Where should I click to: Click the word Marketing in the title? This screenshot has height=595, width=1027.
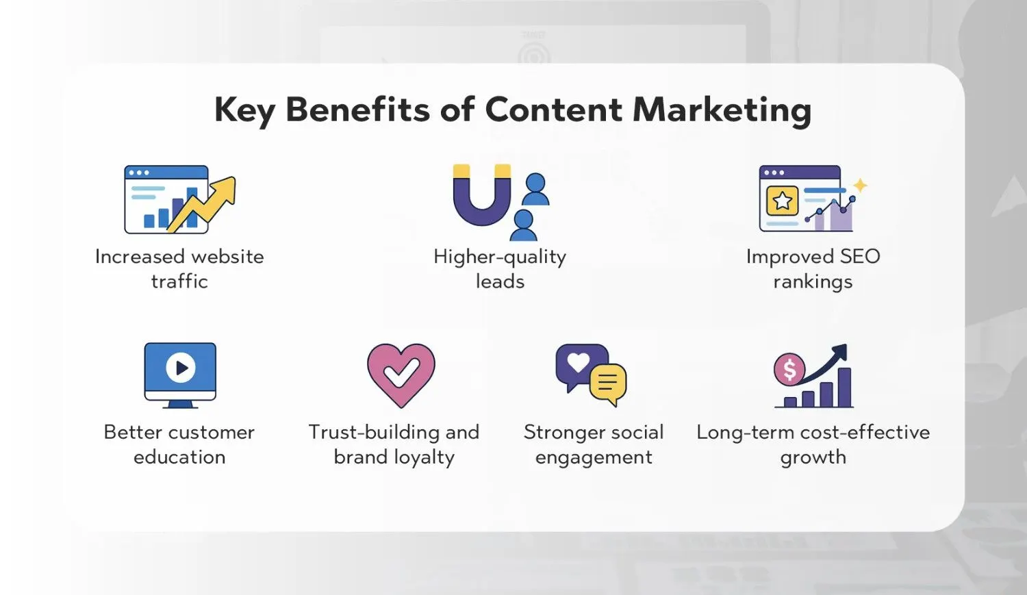tap(722, 111)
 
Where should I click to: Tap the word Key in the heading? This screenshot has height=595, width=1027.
tap(244, 111)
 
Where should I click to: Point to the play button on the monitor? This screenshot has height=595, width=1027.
tap(180, 367)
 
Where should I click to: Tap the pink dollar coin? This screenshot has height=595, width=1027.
tap(789, 369)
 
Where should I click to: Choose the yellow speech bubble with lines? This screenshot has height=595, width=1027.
tap(608, 383)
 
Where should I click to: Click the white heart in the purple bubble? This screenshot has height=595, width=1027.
tap(578, 362)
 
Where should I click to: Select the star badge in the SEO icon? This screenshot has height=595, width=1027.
tap(782, 201)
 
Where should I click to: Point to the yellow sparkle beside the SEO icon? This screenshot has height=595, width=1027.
tap(860, 185)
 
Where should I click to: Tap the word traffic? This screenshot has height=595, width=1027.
tap(179, 281)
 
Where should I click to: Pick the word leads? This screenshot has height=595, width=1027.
tap(500, 281)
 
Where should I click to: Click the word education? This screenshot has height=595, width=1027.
tap(179, 457)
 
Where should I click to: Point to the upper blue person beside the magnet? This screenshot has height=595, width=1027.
tap(535, 189)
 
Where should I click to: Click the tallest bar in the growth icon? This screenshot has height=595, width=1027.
tap(844, 388)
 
